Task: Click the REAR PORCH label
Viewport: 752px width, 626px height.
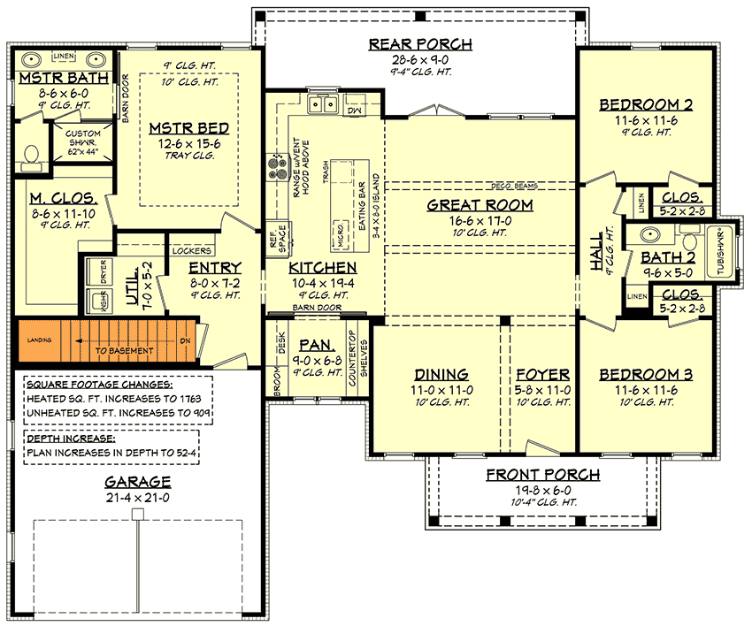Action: pyautogui.click(x=420, y=44)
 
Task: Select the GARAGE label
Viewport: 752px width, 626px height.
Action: pyautogui.click(x=137, y=482)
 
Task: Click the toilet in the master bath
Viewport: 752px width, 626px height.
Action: pyautogui.click(x=31, y=155)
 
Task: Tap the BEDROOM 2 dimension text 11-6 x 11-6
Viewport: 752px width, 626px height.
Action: pyautogui.click(x=645, y=119)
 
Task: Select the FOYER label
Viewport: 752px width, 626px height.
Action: pyautogui.click(x=542, y=374)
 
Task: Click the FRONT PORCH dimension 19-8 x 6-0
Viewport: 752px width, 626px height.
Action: pyautogui.click(x=542, y=491)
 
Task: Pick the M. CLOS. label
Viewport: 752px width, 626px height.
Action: pyautogui.click(x=53, y=196)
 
